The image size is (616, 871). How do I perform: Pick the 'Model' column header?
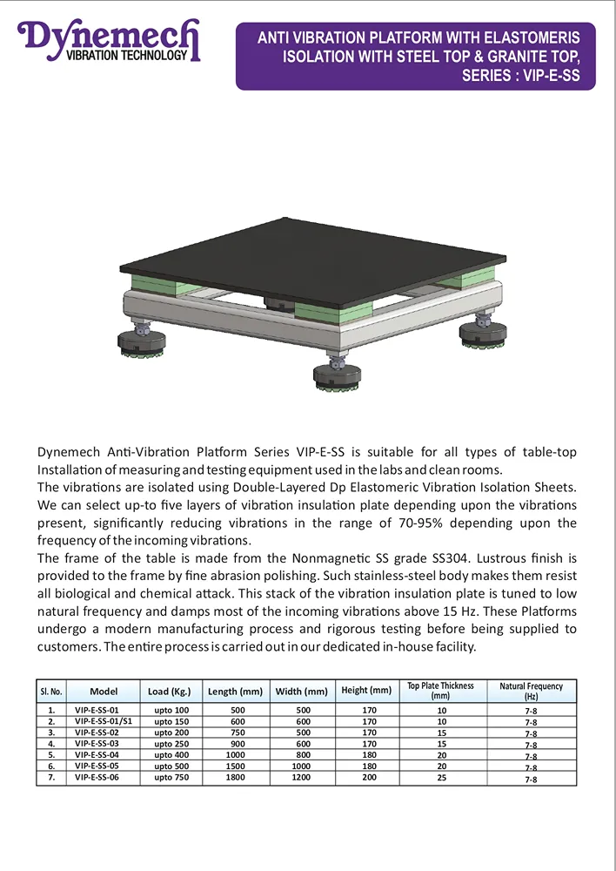(104, 692)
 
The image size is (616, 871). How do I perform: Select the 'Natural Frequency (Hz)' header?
(531, 692)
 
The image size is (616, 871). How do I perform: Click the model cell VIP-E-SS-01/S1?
(104, 722)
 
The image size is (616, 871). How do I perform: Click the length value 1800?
(235, 777)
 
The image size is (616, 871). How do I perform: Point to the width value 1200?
(301, 777)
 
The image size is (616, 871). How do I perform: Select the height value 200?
(370, 777)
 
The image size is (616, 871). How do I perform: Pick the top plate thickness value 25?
(441, 777)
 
